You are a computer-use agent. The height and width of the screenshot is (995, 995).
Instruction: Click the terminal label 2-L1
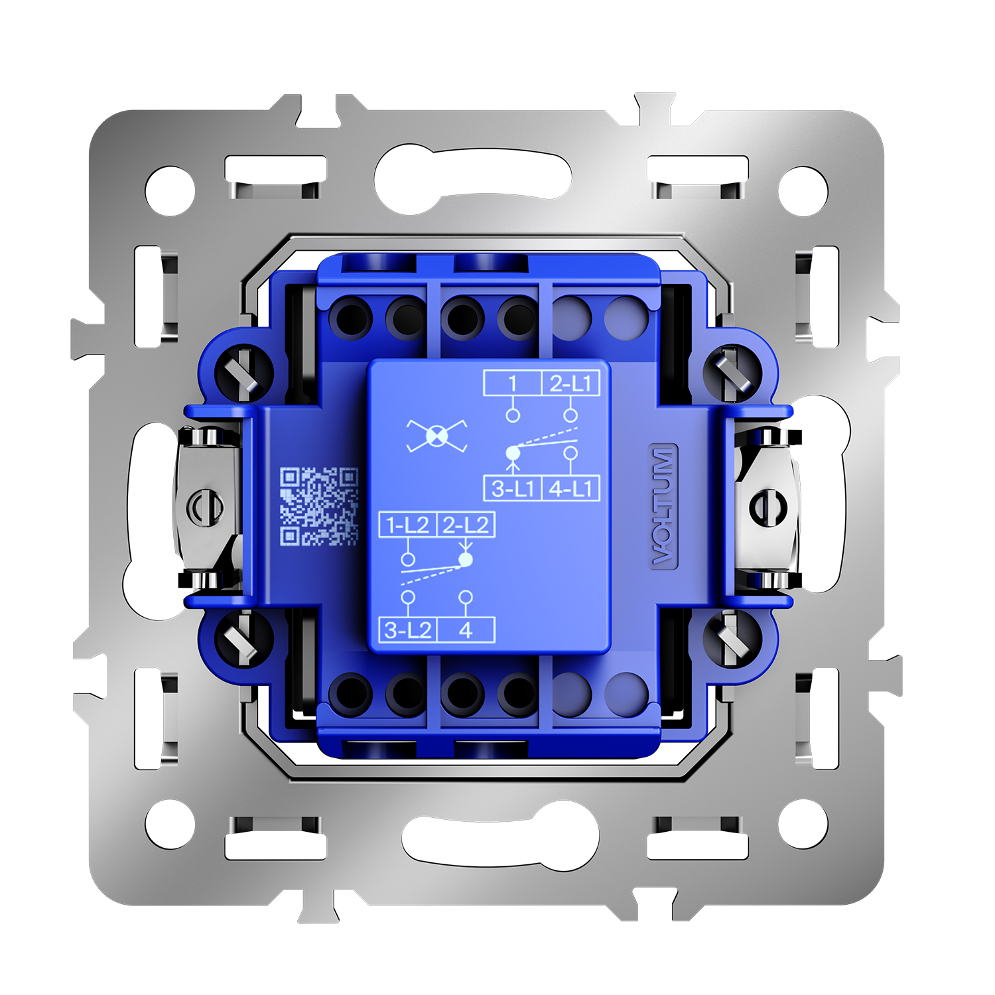click(571, 383)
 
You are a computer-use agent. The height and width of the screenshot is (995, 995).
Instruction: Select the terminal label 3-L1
click(513, 489)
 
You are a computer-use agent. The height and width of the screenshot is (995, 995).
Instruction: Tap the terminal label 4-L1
click(571, 489)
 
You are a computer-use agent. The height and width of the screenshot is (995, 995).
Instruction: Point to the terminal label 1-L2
click(407, 525)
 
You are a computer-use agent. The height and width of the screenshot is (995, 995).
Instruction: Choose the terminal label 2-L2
click(466, 525)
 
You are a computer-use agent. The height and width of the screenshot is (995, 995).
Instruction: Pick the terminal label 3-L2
click(407, 630)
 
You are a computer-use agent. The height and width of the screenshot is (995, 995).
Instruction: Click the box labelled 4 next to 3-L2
click(466, 630)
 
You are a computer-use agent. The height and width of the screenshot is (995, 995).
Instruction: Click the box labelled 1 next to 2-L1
click(513, 383)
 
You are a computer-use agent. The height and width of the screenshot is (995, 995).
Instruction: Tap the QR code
click(319, 506)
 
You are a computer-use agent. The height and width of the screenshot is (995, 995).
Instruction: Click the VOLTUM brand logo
click(663, 506)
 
